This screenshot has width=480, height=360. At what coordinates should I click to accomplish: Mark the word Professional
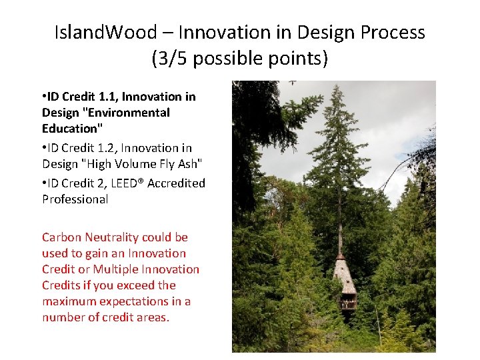[75, 199]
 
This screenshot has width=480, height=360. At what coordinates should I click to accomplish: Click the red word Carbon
[62, 237]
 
